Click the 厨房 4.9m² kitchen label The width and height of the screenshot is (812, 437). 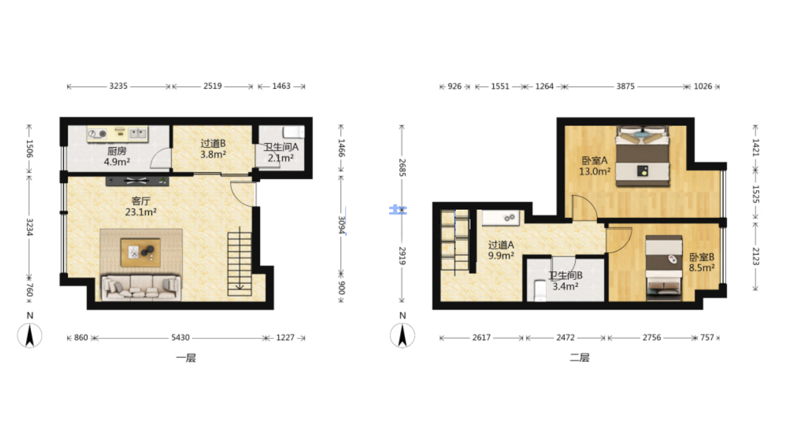click(117, 156)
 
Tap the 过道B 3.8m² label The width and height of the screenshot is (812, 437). click(213, 149)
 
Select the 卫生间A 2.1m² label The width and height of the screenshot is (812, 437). click(281, 153)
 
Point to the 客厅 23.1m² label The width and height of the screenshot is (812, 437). click(141, 206)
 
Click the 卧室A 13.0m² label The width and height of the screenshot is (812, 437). click(595, 166)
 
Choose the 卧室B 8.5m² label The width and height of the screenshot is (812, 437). click(702, 262)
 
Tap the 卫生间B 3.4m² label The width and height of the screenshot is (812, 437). click(565, 281)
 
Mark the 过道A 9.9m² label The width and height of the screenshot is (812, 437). click(501, 250)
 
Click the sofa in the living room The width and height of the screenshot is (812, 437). click(141, 288)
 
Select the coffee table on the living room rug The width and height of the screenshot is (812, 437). click(141, 252)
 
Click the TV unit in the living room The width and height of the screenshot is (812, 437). click(137, 181)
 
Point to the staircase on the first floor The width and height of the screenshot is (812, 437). click(239, 264)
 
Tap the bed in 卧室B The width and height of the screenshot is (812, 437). click(664, 267)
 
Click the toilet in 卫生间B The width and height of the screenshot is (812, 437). click(540, 290)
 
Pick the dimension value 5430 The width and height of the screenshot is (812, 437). click(181, 338)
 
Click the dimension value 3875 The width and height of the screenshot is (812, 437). click(625, 87)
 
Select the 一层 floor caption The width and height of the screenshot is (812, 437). click(186, 358)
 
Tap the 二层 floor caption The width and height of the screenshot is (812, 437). click(579, 358)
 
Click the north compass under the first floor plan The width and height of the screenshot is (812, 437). click(30, 335)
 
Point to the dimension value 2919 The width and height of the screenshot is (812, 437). click(402, 256)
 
